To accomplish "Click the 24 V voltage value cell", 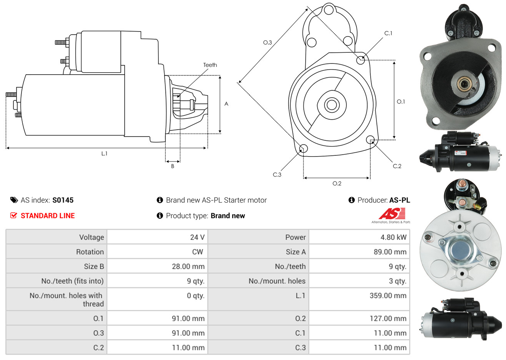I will point(197,237).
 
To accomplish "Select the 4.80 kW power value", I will point(393,237).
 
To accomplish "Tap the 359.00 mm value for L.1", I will point(388,296).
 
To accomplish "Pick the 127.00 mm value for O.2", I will point(388,318).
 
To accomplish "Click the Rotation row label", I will point(90,252).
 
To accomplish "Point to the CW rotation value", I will point(197,252).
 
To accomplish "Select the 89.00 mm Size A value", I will point(389,252).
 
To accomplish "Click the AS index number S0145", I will point(63,200).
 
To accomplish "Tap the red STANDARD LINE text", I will point(47,216).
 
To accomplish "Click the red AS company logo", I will point(392,214).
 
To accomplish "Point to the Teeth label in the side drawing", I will point(210,65).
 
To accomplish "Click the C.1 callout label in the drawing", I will point(388,33).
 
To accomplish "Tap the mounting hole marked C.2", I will point(370,139).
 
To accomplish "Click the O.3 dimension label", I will point(267,42).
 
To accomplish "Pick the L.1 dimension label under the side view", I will point(104,153).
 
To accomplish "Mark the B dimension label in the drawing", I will point(173,166).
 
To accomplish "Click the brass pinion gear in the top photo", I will point(463,84).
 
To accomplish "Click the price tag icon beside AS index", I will point(14,200).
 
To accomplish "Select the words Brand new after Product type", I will point(228,216).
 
